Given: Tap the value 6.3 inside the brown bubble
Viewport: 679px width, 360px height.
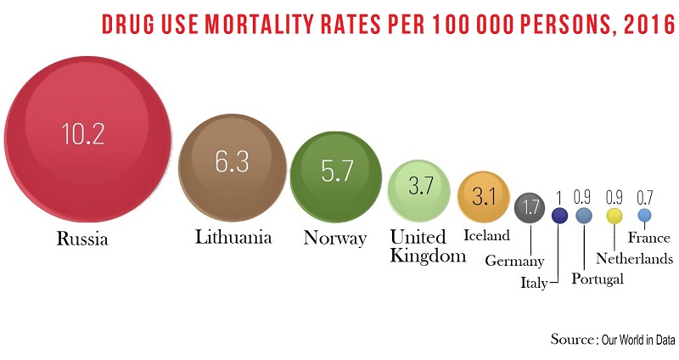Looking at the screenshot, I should (x=232, y=161).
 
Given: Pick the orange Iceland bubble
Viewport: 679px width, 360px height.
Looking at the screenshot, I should (x=483, y=197).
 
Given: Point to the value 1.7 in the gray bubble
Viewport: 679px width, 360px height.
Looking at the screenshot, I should (x=531, y=207).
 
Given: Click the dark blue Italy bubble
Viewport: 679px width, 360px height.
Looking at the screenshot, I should (x=558, y=216).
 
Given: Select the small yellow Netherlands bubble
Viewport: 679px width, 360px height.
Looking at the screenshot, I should (x=614, y=217).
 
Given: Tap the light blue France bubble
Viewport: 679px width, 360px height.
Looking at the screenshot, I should (x=644, y=215).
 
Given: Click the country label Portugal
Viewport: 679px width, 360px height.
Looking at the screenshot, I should (x=598, y=278).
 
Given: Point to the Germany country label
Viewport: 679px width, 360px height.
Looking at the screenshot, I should (x=514, y=261).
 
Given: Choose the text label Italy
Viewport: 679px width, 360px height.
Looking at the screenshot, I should (x=534, y=284).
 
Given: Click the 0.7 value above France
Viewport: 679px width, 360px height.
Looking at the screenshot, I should (x=644, y=197).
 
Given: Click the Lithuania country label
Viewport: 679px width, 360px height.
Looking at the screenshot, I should (x=233, y=237).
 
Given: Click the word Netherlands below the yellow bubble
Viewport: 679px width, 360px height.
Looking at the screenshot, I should (x=634, y=258).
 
